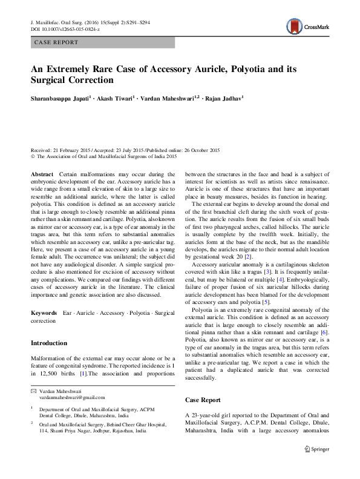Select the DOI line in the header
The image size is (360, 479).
[66, 28]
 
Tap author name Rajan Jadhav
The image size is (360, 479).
[223, 96]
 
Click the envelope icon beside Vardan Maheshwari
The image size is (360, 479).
[33, 391]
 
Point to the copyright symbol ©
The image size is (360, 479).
[33, 156]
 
